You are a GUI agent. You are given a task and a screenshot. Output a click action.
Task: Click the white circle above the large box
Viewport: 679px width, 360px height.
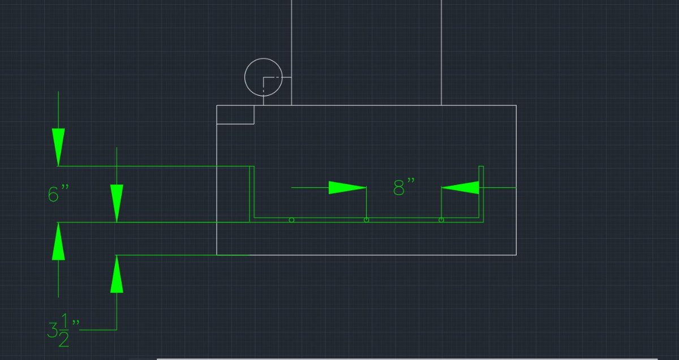click(x=245, y=78)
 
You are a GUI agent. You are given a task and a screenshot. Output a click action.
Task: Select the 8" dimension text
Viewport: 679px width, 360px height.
click(x=404, y=187)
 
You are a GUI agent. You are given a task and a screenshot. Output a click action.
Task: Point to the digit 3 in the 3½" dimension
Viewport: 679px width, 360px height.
click(x=53, y=330)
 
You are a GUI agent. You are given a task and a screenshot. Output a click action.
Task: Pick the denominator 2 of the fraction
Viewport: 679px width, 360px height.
click(x=63, y=340)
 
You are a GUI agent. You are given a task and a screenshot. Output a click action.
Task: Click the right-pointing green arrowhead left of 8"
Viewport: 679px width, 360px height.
click(x=347, y=188)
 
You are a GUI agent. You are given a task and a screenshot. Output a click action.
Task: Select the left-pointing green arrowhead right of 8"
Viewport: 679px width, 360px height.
click(x=460, y=188)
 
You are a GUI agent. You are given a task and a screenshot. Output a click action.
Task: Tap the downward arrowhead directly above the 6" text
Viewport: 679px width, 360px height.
click(x=58, y=147)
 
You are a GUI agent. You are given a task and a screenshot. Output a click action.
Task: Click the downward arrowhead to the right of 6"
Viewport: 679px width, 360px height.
click(x=117, y=203)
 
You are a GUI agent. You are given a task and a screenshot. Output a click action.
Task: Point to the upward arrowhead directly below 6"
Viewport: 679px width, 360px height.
click(x=58, y=242)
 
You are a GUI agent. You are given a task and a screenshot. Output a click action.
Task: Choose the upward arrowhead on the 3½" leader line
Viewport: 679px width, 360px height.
click(x=117, y=274)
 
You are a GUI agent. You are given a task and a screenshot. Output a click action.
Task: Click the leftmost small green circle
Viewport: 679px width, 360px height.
click(x=291, y=220)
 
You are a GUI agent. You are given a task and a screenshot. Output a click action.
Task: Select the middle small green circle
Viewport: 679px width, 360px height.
click(x=366, y=220)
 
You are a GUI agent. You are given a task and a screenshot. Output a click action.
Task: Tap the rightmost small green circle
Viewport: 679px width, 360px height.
click(x=441, y=220)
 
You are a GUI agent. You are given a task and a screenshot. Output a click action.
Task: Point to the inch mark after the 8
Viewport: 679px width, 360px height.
click(x=411, y=181)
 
